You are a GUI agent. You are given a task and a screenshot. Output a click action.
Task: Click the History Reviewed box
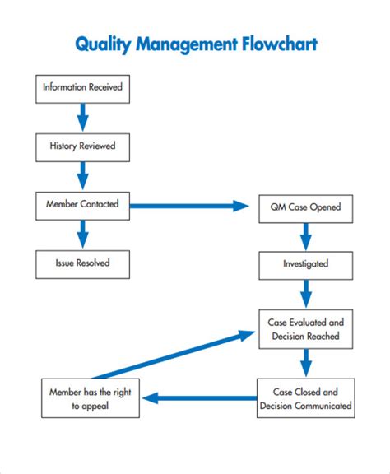(x=82, y=146)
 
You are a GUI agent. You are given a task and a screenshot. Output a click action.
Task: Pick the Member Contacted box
(x=82, y=205)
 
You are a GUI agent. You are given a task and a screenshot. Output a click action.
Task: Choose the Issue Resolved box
(x=82, y=263)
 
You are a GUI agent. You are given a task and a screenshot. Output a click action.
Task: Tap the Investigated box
(x=305, y=264)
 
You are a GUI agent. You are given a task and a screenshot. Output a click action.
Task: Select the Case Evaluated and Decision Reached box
(x=305, y=329)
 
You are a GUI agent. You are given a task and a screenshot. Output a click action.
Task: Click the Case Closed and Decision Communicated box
(x=305, y=398)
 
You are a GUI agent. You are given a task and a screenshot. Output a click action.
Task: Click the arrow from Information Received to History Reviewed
(x=82, y=117)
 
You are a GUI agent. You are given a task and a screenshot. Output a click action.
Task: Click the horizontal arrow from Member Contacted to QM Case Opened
(x=189, y=206)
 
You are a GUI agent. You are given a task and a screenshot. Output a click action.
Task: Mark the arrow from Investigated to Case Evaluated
(x=305, y=293)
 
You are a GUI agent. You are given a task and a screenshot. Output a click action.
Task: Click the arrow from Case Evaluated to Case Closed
(x=305, y=363)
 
